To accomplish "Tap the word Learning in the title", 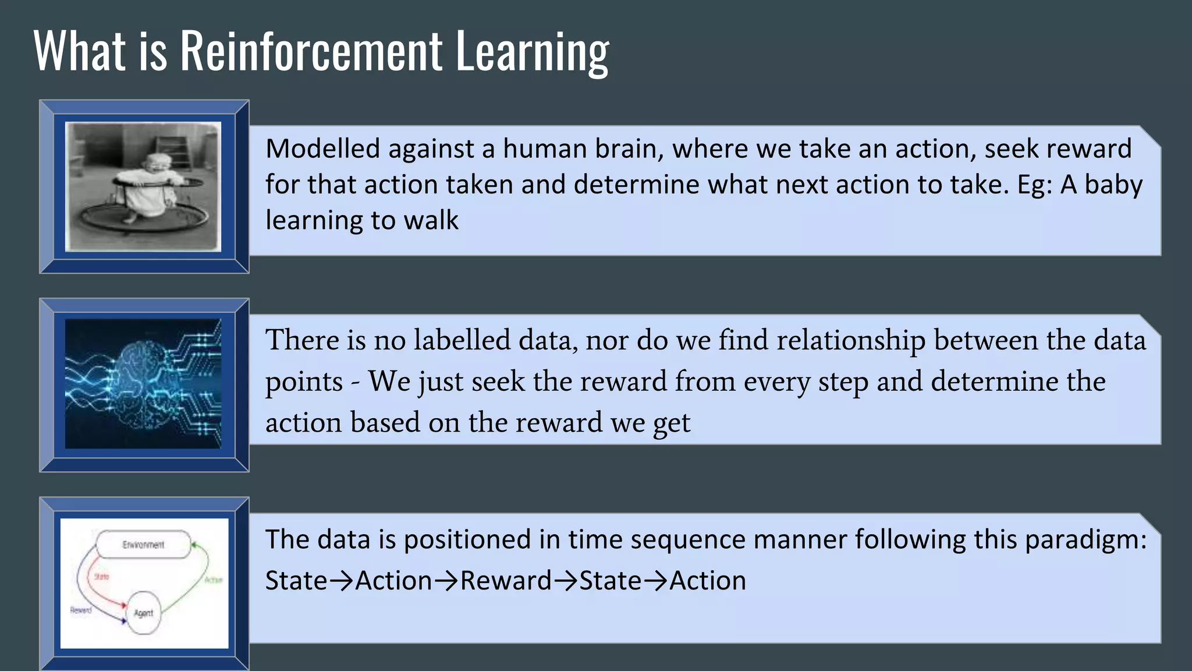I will [532, 52].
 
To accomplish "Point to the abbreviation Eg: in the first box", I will [1034, 185].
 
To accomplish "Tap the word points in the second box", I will [304, 382].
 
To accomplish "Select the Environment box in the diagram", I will [143, 545].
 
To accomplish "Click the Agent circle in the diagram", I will [143, 613].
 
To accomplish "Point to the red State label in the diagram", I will [102, 577].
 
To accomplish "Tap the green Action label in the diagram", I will [214, 580].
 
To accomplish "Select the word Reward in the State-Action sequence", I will [505, 581].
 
